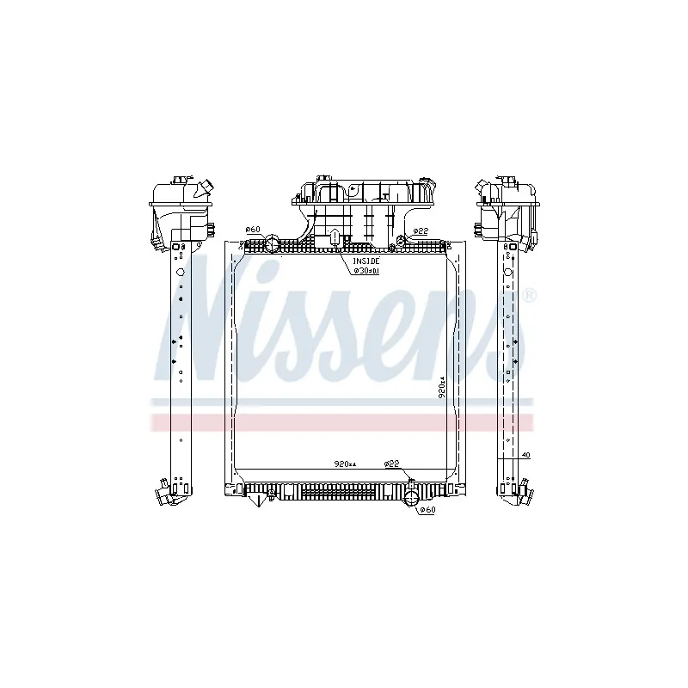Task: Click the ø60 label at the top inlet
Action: tap(252, 230)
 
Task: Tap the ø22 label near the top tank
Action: tap(420, 231)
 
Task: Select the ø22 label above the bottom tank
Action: tap(392, 464)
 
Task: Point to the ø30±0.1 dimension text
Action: tap(365, 270)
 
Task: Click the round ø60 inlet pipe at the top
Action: tap(272, 244)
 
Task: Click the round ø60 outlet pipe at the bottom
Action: tap(411, 498)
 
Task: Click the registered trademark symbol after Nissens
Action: tap(529, 296)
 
